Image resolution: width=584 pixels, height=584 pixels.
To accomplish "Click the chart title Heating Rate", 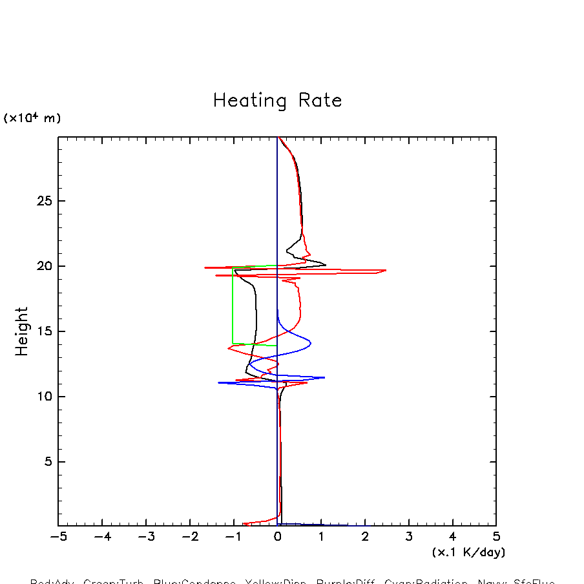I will click(x=277, y=101).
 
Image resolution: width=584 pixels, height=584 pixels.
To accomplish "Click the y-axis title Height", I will click(x=22, y=331).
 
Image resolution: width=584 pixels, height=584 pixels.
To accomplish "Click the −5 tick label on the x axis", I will click(x=58, y=537).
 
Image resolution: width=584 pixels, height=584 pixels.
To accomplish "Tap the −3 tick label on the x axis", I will click(x=146, y=537).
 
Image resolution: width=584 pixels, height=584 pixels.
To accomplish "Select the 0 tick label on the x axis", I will click(x=278, y=537).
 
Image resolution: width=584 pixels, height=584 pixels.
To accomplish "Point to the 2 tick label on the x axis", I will click(x=365, y=537).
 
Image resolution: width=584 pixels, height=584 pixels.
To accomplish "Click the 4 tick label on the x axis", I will click(x=452, y=537).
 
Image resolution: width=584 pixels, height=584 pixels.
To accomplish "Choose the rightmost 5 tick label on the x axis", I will click(x=496, y=537).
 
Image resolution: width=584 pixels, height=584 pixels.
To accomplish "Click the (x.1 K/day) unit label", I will click(x=468, y=553).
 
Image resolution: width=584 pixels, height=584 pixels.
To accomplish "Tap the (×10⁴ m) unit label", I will click(x=32, y=118).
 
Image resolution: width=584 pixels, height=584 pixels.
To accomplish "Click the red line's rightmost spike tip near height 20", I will click(x=386, y=270).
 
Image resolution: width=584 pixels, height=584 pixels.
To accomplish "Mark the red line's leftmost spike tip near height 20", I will click(x=205, y=267).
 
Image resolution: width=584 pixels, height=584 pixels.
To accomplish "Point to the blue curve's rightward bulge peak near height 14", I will click(x=311, y=342).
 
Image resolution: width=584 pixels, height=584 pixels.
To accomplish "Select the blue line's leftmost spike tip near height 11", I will click(x=218, y=382).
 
